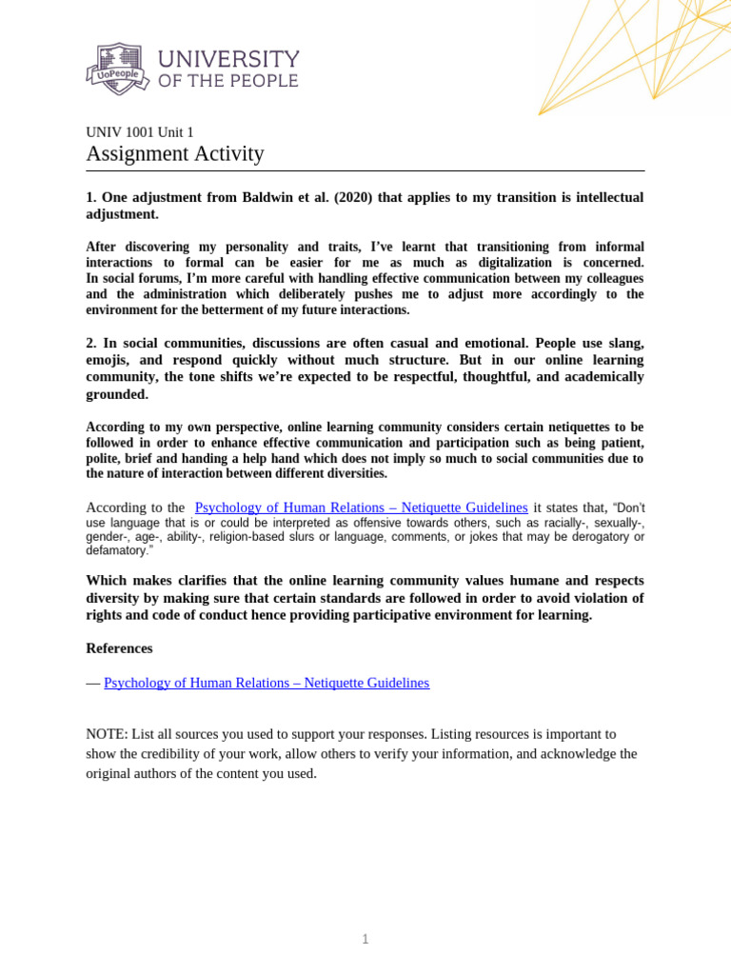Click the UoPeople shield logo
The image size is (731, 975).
(118, 69)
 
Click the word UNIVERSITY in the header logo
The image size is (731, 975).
(228, 59)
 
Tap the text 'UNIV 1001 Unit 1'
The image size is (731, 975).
(140, 132)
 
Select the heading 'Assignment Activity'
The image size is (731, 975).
(175, 154)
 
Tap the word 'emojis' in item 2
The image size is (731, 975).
(109, 360)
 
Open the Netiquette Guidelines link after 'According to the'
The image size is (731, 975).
(361, 507)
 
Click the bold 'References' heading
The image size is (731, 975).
(119, 648)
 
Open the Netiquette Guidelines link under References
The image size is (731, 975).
(267, 683)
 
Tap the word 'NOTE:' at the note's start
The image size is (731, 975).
(107, 734)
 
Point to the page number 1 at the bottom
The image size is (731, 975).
(365, 940)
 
